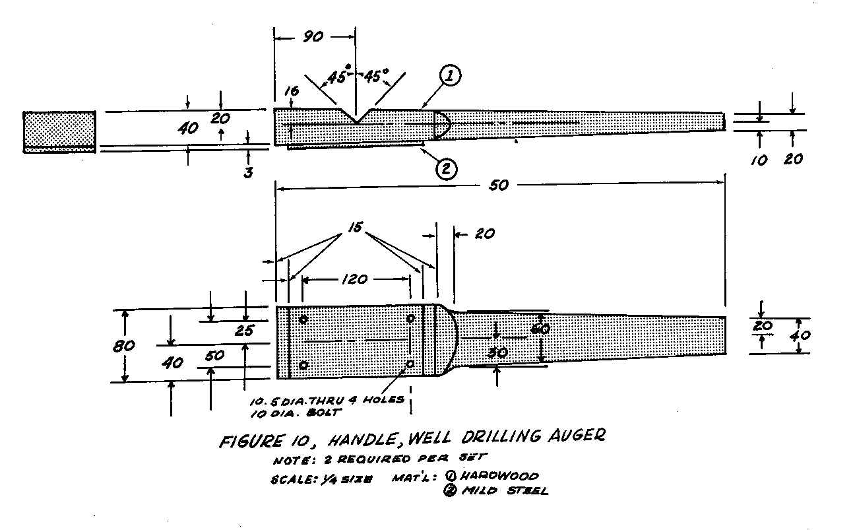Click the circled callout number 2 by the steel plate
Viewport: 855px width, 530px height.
click(445, 168)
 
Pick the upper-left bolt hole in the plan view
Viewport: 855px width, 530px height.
click(303, 319)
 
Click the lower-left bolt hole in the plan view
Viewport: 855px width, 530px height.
click(303, 365)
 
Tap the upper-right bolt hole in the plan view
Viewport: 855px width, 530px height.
click(410, 319)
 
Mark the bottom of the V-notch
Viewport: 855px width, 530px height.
click(356, 123)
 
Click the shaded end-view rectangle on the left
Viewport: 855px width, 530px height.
click(59, 131)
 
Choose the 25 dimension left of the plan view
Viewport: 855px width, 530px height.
click(245, 330)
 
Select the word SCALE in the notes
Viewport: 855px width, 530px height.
click(290, 480)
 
